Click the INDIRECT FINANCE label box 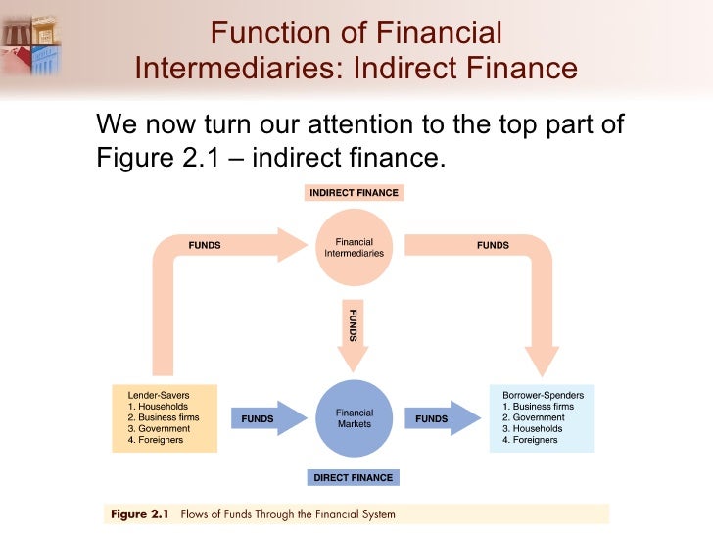[x=354, y=193]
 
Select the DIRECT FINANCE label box [x=354, y=478]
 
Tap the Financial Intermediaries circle [x=354, y=246]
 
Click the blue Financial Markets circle [x=354, y=417]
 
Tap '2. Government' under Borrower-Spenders [x=535, y=416]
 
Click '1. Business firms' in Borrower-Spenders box [x=540, y=406]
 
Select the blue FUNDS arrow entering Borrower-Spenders [x=440, y=418]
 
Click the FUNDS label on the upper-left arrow [x=204, y=246]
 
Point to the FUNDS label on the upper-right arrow [x=493, y=246]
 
